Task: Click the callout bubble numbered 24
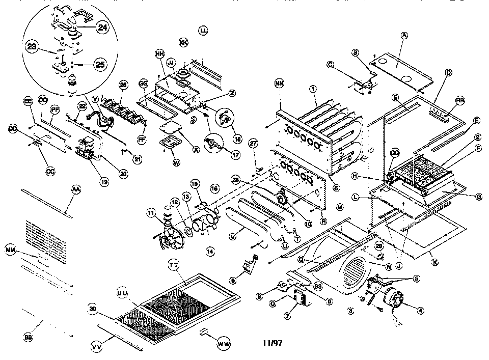pyautogui.click(x=103, y=29)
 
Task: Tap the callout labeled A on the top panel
pyautogui.click(x=404, y=35)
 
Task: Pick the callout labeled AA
pyautogui.click(x=76, y=189)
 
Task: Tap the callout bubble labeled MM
pyautogui.click(x=10, y=250)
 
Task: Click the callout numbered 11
pyautogui.click(x=151, y=212)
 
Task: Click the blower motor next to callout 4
pyautogui.click(x=393, y=301)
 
